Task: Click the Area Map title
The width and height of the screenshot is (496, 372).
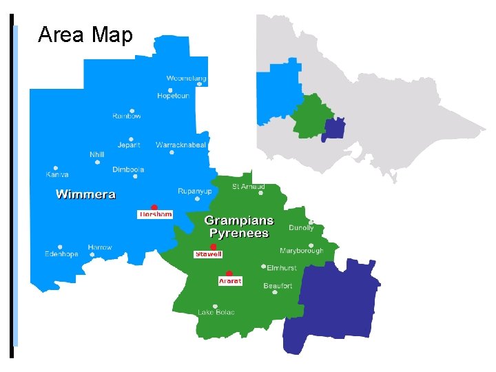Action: tap(85, 34)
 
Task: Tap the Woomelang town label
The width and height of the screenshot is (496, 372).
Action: tap(187, 79)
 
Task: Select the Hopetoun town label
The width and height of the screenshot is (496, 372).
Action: tap(173, 96)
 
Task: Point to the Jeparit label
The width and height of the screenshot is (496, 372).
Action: tap(129, 145)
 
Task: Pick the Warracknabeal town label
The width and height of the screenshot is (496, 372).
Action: tap(180, 145)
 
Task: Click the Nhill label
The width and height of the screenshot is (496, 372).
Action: tap(97, 154)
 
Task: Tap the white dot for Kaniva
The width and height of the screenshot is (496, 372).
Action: tap(56, 167)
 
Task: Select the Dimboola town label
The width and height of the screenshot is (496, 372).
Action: tap(128, 169)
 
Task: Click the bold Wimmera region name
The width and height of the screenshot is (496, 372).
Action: tap(85, 194)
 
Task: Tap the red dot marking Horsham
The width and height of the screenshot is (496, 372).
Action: tap(154, 207)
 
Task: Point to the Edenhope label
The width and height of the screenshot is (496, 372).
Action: tap(61, 254)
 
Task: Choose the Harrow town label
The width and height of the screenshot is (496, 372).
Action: tap(100, 247)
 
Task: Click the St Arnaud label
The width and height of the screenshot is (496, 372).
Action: tap(249, 187)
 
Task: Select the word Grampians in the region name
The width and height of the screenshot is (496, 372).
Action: tap(239, 221)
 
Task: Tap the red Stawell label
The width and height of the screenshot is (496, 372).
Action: tap(208, 254)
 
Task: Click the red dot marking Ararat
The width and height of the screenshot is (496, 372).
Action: tap(229, 273)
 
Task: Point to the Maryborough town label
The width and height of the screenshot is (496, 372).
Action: tap(301, 251)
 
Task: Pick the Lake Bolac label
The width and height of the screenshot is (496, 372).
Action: tap(216, 313)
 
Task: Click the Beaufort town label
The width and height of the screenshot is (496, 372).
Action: tap(278, 286)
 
